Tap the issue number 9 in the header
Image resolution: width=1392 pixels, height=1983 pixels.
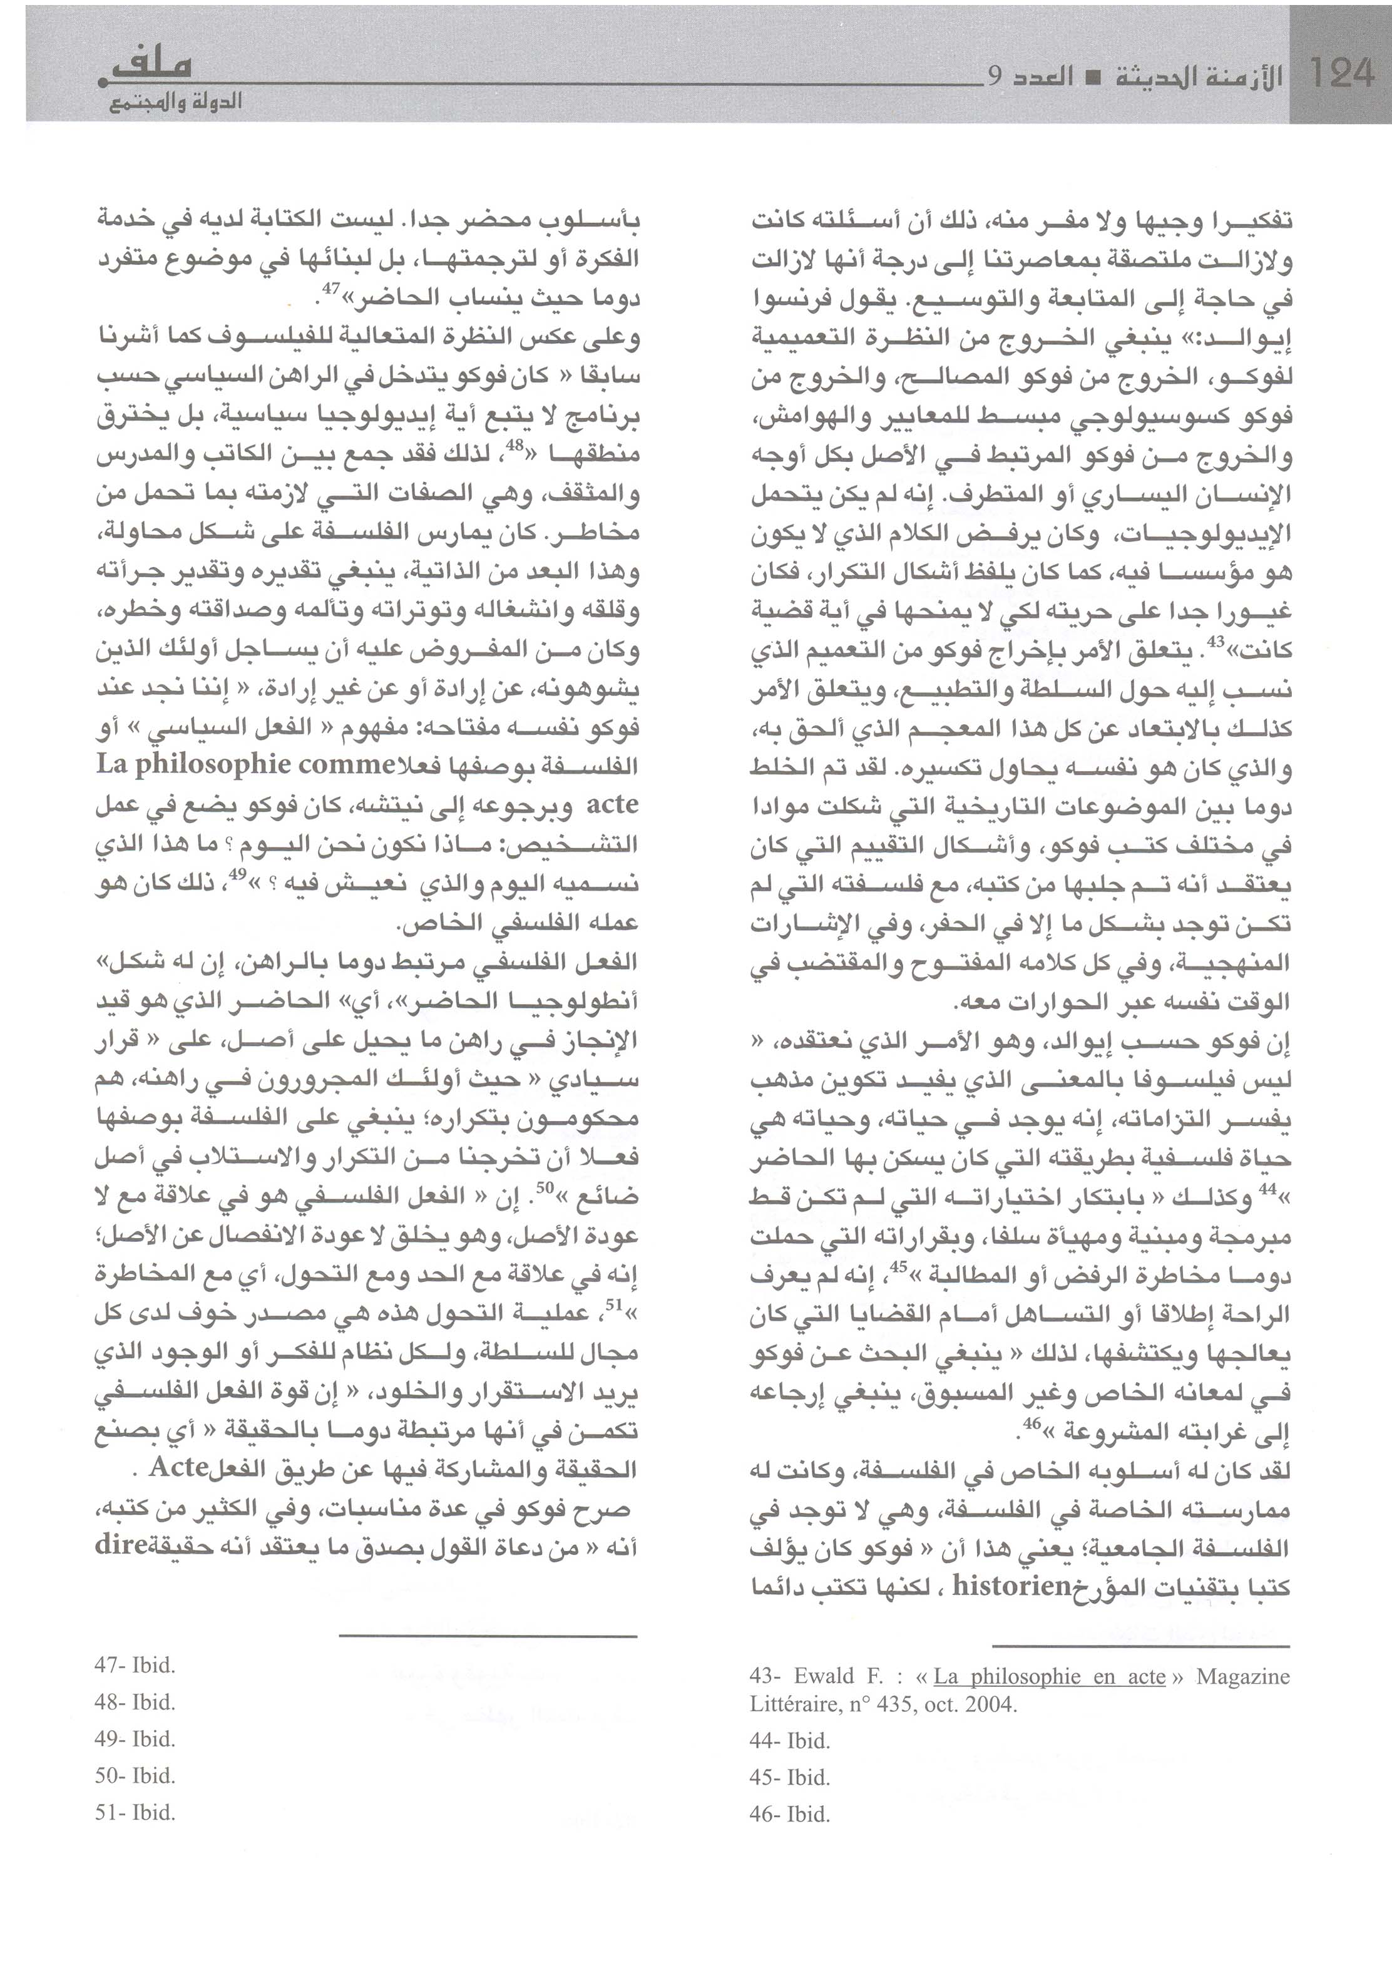995,77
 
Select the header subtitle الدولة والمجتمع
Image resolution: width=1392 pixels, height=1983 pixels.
177,103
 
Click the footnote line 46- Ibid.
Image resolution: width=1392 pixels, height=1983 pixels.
790,1815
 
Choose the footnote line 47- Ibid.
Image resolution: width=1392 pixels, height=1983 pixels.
135,1665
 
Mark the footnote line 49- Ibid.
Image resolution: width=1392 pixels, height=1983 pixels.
135,1739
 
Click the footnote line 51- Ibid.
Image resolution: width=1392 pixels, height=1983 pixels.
135,1813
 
